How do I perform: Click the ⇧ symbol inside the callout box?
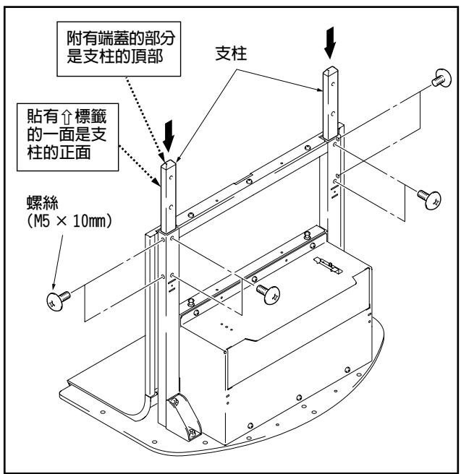69,116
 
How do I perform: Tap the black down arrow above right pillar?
331,46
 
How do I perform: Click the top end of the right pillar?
330,72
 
